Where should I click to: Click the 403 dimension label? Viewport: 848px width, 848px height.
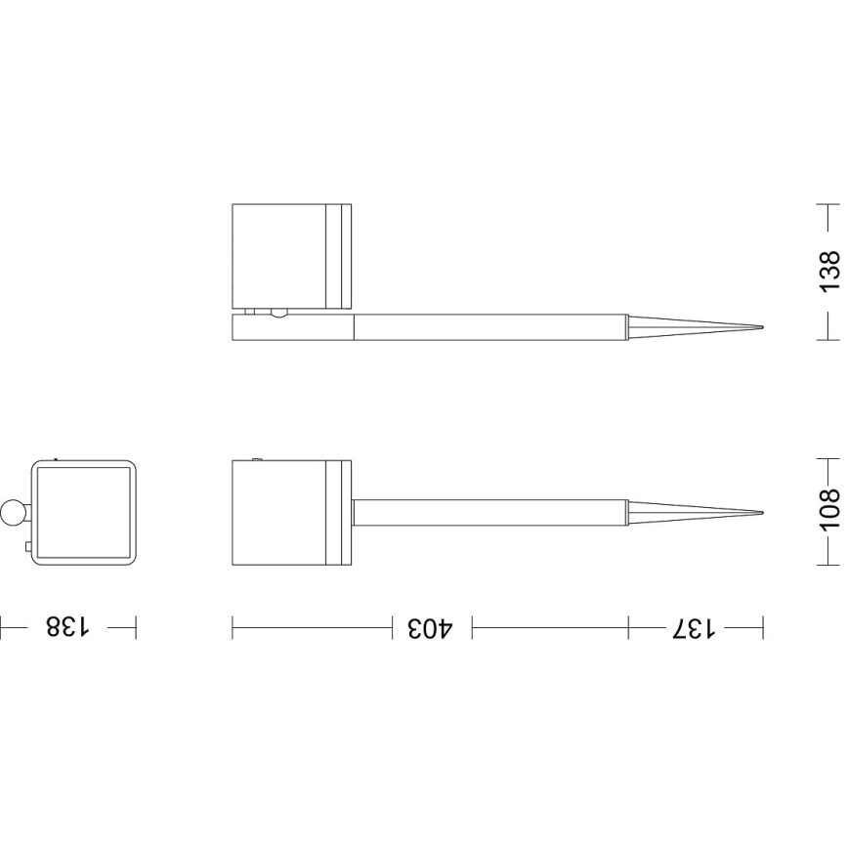[431, 627]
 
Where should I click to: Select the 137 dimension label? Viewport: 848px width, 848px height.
[695, 627]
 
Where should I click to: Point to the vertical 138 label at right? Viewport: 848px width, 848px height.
[828, 272]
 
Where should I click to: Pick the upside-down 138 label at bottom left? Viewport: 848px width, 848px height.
[66, 627]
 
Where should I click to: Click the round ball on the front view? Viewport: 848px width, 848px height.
[16, 511]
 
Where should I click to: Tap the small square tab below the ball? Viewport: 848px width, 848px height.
[28, 547]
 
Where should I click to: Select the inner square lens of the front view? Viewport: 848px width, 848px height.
[84, 513]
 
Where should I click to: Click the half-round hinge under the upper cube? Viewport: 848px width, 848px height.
[280, 313]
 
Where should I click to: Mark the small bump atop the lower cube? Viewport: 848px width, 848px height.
[256, 458]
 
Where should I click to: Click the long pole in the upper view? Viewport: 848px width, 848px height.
[488, 327]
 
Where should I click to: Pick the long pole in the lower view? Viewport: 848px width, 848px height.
[488, 513]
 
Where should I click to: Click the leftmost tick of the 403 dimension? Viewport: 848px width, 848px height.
[233, 627]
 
